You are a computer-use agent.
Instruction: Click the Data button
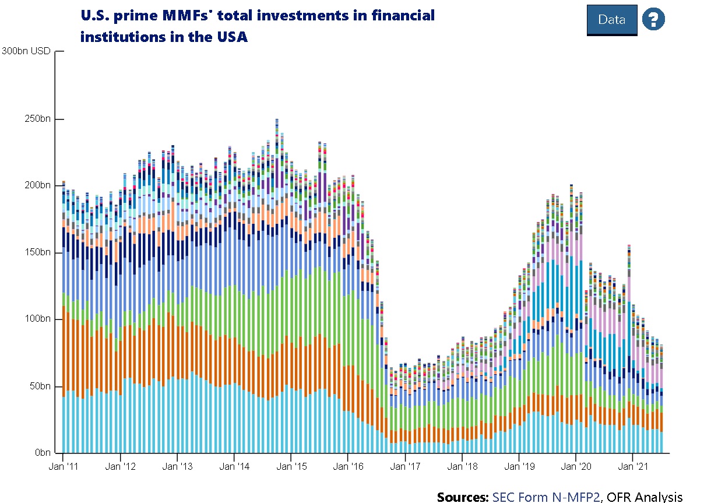[611, 20]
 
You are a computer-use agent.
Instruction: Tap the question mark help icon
[653, 19]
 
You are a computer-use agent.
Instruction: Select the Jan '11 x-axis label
[62, 467]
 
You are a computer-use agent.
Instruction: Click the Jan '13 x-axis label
[177, 467]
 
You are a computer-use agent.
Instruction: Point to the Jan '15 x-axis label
[291, 467]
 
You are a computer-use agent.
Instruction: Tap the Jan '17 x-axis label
[405, 467]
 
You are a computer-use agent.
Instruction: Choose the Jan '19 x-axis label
[519, 467]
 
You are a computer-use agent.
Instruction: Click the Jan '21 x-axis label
[633, 467]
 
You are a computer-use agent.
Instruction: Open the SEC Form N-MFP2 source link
[545, 497]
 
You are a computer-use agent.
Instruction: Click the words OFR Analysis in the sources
[646, 497]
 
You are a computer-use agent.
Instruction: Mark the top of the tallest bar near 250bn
[277, 119]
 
